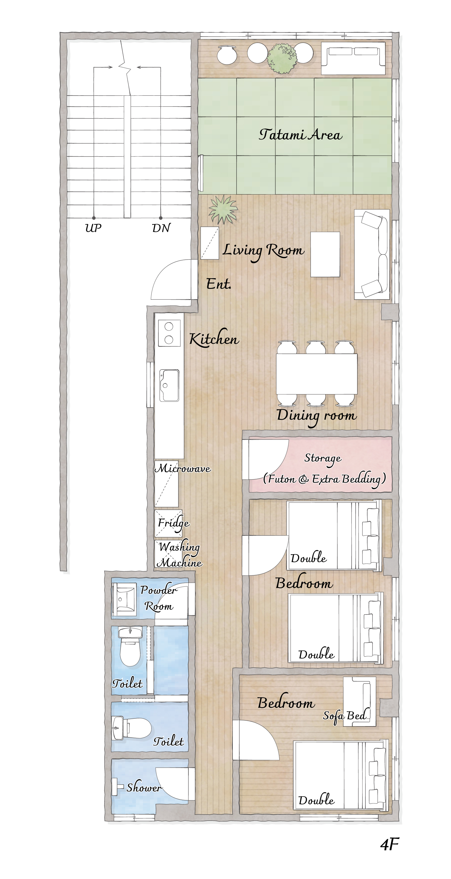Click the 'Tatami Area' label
tap(300, 135)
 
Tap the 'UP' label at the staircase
tap(93, 228)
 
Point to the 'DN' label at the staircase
tap(161, 228)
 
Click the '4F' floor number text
tap(389, 844)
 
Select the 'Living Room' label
tap(263, 251)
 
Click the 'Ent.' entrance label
tap(218, 284)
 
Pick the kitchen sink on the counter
tap(169, 385)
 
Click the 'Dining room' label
tap(316, 416)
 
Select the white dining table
tap(316, 374)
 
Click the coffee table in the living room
tap(325, 254)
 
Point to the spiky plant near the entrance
tap(223, 209)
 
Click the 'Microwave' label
tap(183, 468)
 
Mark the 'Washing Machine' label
tap(180, 554)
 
